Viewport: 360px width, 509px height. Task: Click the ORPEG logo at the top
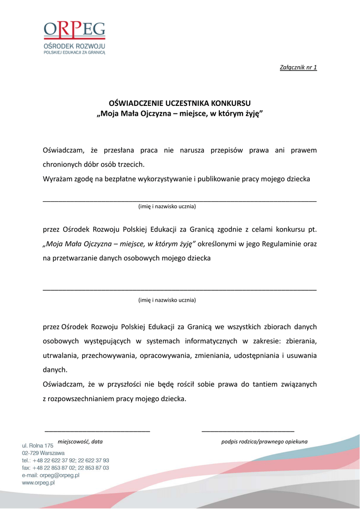coord(75,37)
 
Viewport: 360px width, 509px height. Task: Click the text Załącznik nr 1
coord(299,67)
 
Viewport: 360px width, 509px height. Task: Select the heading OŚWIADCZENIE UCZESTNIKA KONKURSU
coord(180,104)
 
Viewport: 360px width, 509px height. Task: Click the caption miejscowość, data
coord(80,441)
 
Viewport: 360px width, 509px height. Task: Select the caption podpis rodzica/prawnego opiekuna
coord(264,441)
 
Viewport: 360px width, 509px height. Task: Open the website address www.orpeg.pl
coord(38,483)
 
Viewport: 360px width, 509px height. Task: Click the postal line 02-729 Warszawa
coord(43,453)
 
